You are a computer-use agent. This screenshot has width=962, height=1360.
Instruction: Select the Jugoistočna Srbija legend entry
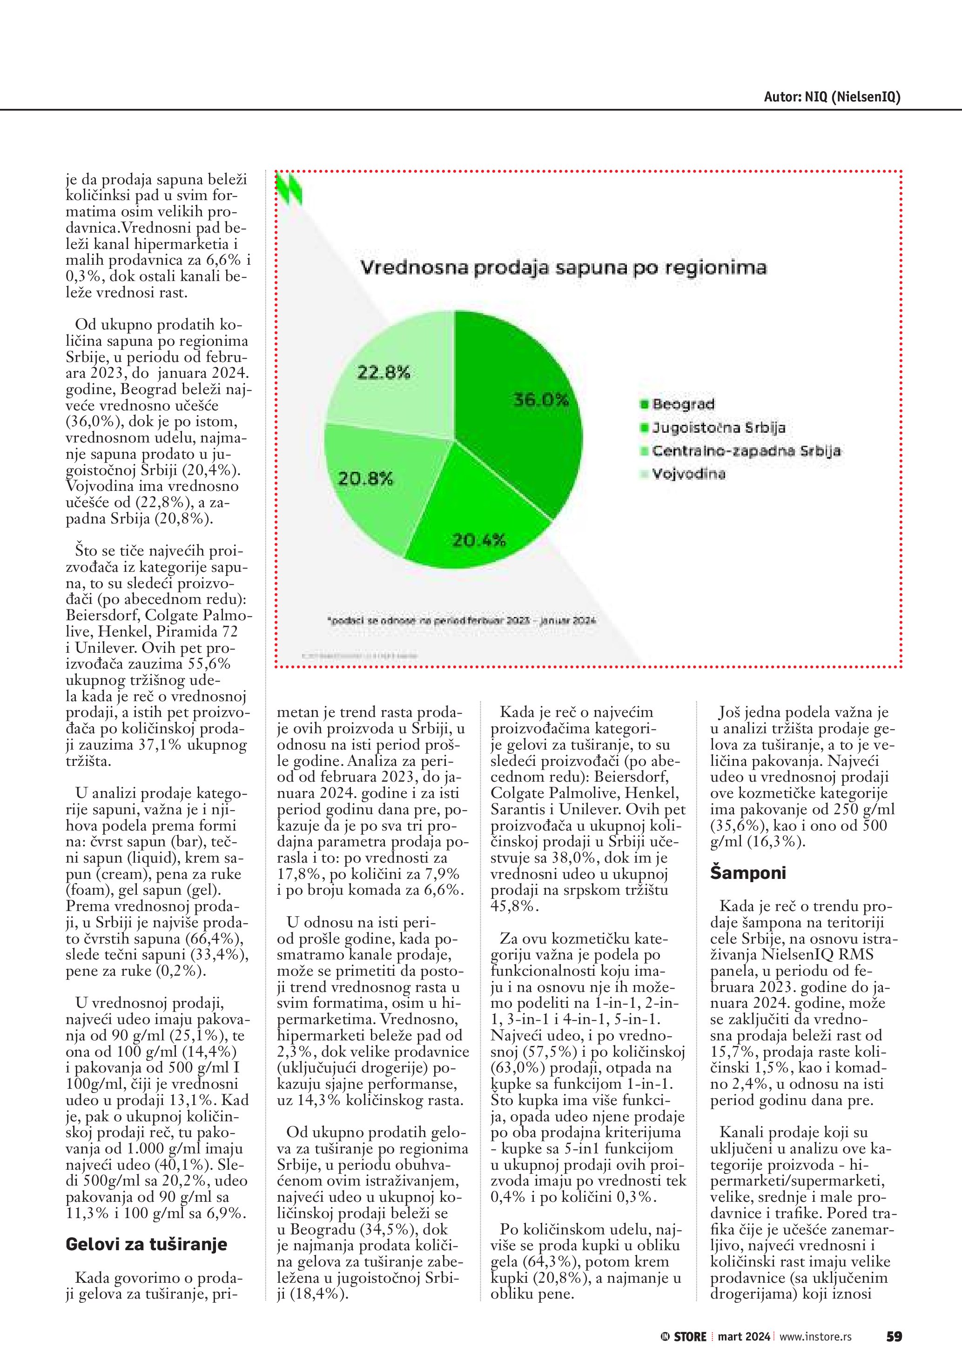(719, 428)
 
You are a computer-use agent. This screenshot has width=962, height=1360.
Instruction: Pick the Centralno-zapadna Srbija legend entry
(746, 451)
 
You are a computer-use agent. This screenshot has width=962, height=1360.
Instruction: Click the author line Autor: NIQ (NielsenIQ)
(832, 97)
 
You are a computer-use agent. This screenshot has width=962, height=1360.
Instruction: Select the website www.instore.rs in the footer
(815, 1337)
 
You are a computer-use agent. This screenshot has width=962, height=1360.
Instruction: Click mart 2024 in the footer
(744, 1337)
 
